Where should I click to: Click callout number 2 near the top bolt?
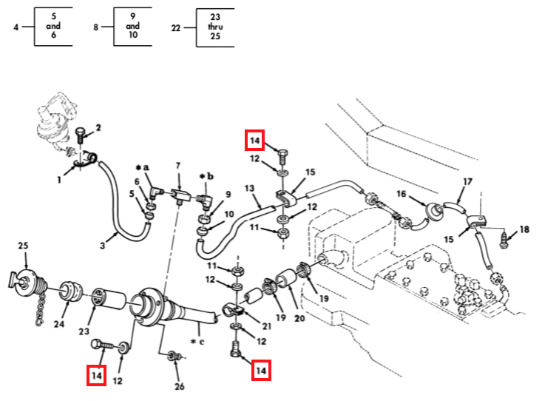click(98, 127)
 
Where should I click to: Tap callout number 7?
click(177, 166)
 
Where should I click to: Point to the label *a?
click(142, 167)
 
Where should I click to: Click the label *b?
click(206, 176)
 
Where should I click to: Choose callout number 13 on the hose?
click(250, 188)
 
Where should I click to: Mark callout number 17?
click(467, 181)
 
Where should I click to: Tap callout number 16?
click(401, 194)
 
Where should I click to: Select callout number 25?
click(23, 246)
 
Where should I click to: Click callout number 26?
click(180, 386)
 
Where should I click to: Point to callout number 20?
click(299, 318)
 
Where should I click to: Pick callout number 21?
click(267, 326)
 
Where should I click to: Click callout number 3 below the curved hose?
click(102, 246)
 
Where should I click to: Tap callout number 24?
click(59, 324)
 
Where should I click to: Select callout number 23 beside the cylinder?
click(84, 331)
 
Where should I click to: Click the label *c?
click(197, 342)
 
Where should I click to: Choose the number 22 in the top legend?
click(176, 27)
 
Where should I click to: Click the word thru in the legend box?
click(215, 27)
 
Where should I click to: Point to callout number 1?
click(59, 180)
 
